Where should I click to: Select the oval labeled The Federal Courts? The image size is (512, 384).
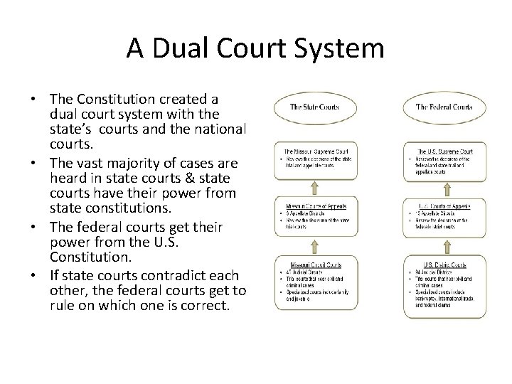[x=443, y=107]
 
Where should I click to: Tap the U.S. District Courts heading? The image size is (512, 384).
[x=444, y=265]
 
